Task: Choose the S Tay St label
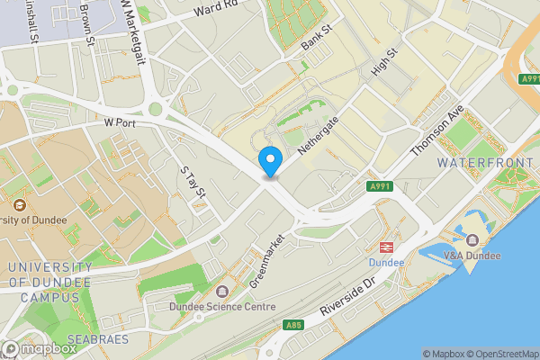click(193, 181)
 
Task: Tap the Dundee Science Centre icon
click(222, 291)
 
